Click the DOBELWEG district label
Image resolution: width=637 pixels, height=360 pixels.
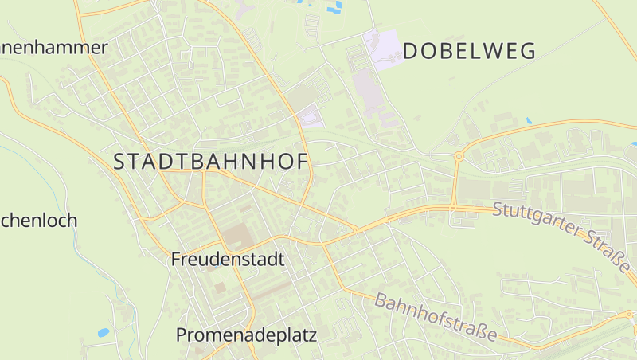click(x=469, y=52)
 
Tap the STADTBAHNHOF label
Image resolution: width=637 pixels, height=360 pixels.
click(x=210, y=162)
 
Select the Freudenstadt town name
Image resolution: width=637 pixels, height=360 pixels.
click(x=227, y=260)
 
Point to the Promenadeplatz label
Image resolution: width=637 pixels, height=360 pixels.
click(x=246, y=335)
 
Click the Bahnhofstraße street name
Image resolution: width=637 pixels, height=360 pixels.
click(x=435, y=318)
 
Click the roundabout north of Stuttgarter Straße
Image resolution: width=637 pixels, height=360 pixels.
click(x=459, y=157)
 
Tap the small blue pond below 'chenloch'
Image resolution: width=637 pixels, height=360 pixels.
click(x=103, y=332)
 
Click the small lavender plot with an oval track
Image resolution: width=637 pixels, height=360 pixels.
click(x=311, y=117)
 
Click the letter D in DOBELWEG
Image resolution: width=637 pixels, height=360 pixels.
click(x=411, y=52)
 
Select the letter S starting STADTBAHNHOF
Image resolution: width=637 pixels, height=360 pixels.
click(x=119, y=162)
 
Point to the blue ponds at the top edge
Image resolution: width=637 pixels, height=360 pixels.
click(x=334, y=6)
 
